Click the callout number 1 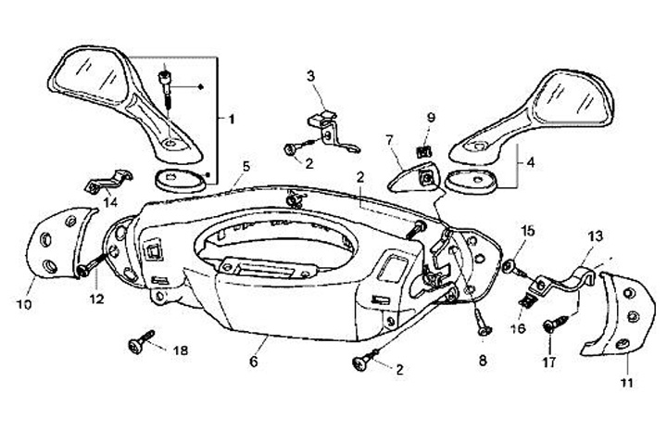tap(231, 119)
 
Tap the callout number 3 tap(310, 74)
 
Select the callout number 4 tap(531, 163)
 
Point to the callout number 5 tap(245, 167)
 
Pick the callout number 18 tap(180, 350)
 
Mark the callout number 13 tap(595, 236)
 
